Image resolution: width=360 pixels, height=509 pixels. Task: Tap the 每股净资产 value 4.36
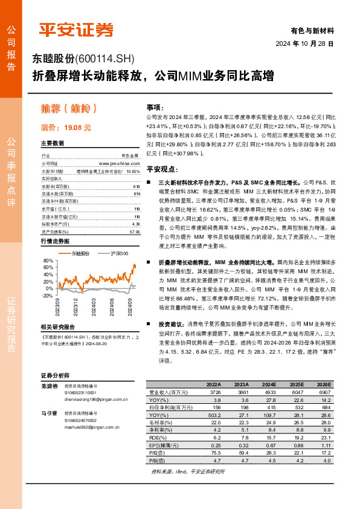(x=136, y=207)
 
